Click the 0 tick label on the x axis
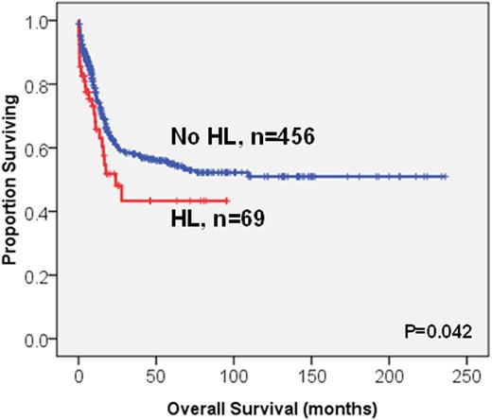coord(79,376)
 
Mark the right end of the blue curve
coord(446,176)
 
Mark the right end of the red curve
coord(227,201)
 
